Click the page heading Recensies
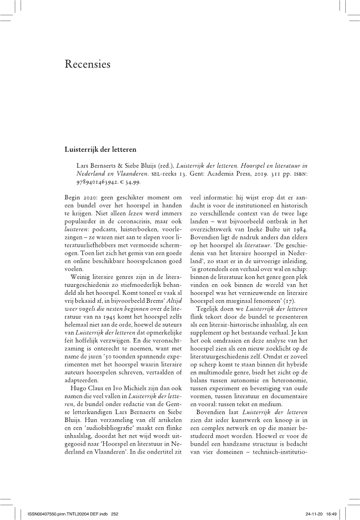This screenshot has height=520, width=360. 87,65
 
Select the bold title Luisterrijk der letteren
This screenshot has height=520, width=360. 101,148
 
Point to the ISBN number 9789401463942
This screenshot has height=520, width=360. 99,181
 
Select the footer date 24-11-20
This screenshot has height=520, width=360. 314,512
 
